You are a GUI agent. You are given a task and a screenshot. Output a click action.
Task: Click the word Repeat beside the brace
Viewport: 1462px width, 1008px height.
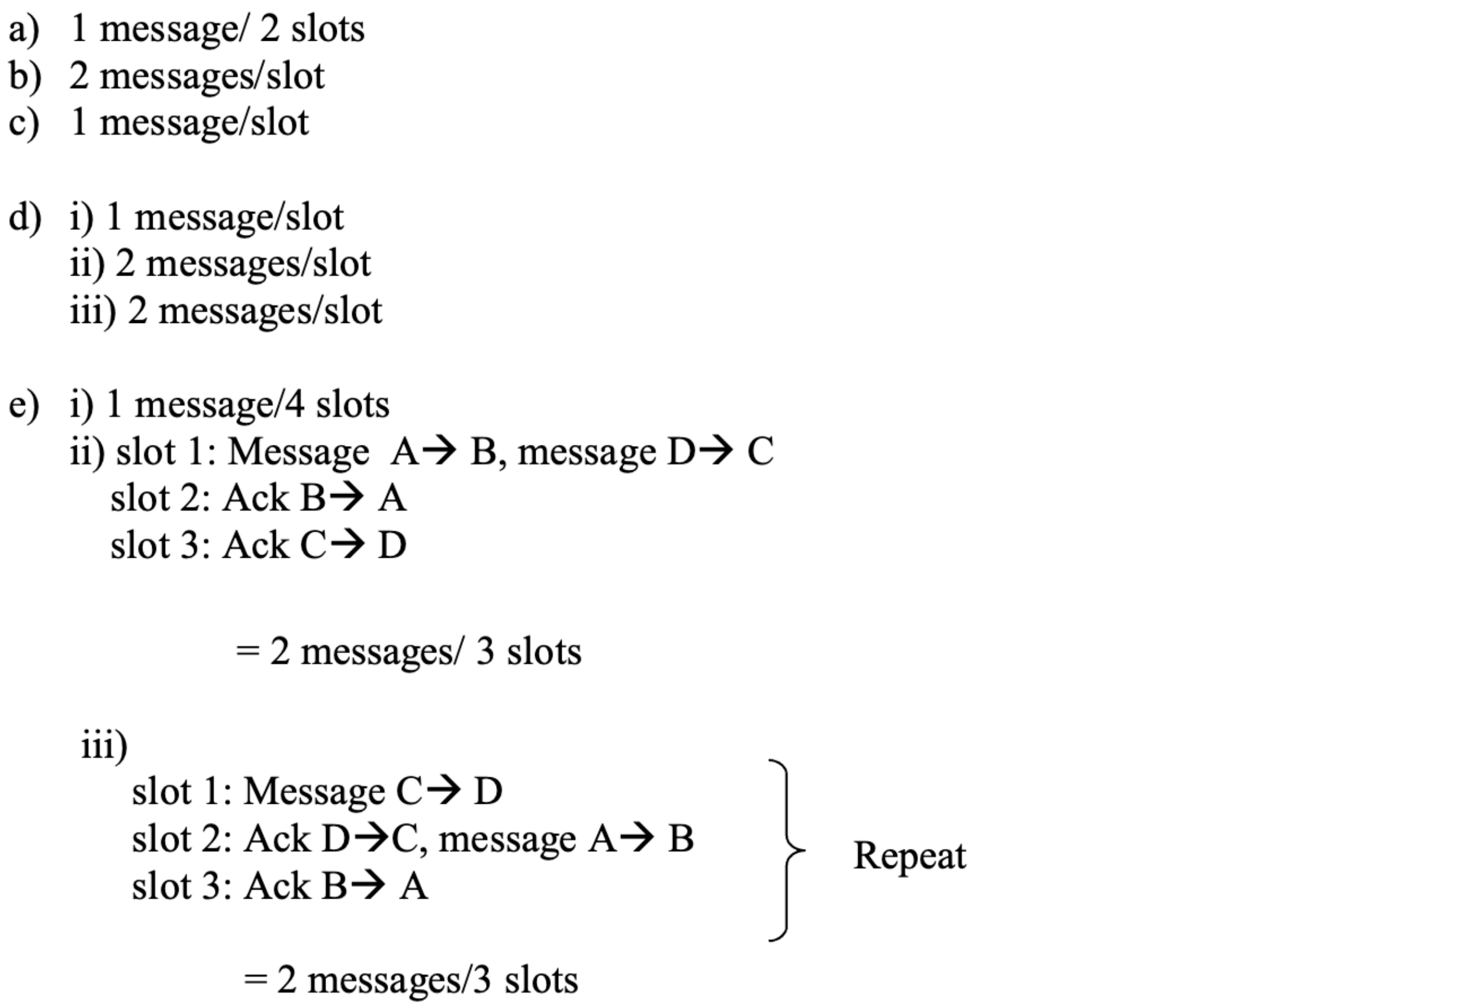[x=909, y=857]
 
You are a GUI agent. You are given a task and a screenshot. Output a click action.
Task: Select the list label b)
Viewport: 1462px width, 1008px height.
[x=25, y=77]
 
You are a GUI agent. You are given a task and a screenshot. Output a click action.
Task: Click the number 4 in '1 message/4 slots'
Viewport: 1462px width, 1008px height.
[x=294, y=404]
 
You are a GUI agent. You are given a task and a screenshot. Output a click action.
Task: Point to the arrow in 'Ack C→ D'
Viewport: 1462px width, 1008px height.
[x=346, y=544]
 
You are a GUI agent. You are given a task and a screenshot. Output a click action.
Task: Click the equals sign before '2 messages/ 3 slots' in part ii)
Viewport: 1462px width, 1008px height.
[x=247, y=651]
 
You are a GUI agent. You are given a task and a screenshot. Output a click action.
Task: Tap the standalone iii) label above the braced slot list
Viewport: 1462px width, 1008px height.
[x=104, y=746]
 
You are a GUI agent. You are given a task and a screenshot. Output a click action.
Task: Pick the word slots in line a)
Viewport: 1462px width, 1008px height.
[x=328, y=29]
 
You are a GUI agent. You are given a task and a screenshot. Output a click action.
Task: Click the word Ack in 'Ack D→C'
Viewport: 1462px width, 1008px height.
[x=278, y=839]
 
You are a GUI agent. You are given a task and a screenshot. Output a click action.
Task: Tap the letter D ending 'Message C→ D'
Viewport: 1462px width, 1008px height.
[x=488, y=791]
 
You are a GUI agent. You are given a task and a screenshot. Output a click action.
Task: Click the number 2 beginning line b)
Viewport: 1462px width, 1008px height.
[x=79, y=76]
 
